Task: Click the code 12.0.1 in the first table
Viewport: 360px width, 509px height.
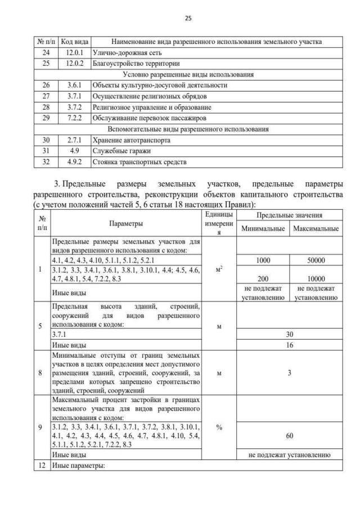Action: tap(75, 52)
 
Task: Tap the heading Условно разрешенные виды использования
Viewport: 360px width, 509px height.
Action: tap(188, 74)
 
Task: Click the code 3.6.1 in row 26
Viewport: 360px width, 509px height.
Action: tap(75, 85)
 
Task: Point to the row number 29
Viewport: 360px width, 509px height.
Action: tap(46, 118)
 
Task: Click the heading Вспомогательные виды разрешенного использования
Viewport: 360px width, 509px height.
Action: tap(188, 129)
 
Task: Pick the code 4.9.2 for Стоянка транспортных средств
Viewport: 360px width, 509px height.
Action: tap(75, 162)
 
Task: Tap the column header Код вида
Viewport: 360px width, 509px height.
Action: tap(75, 41)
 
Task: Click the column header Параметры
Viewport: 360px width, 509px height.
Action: tap(126, 224)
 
